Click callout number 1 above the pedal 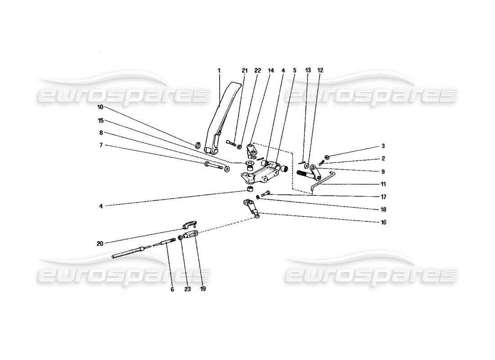[x=219, y=71]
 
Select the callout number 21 [x=244, y=71]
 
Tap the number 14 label [x=271, y=71]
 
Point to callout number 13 [x=308, y=71]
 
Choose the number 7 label [x=101, y=145]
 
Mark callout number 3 [x=383, y=146]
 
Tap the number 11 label [x=383, y=184]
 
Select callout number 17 [x=383, y=197]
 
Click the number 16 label [x=383, y=222]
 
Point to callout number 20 [x=100, y=243]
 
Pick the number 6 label [x=172, y=290]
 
